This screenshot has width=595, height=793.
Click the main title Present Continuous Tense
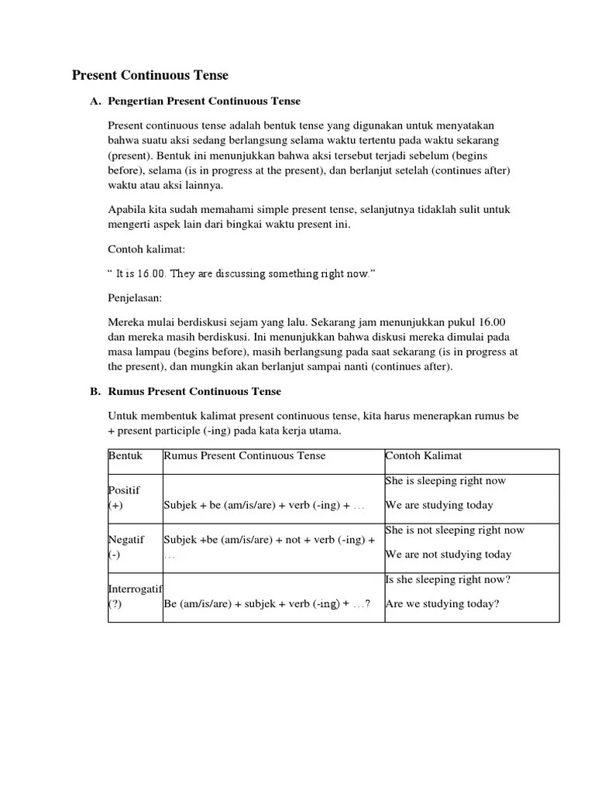pyautogui.click(x=150, y=75)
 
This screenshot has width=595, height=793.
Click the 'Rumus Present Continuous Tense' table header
pyautogui.click(x=245, y=456)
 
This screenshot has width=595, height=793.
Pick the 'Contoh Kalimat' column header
pyautogui.click(x=424, y=456)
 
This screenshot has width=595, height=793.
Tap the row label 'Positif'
pyautogui.click(x=124, y=492)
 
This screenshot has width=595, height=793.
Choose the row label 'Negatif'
pyautogui.click(x=126, y=539)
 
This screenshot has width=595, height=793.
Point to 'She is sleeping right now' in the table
pyautogui.click(x=445, y=481)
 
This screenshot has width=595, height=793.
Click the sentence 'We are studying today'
pyautogui.click(x=439, y=505)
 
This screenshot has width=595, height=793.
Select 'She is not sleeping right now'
pyautogui.click(x=455, y=530)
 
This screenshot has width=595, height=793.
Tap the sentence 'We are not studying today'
pyautogui.click(x=449, y=554)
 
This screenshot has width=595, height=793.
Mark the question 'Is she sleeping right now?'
pyautogui.click(x=448, y=579)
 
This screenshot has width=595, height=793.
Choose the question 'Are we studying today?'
pyautogui.click(x=442, y=604)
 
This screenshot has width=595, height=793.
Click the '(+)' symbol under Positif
pyautogui.click(x=115, y=506)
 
